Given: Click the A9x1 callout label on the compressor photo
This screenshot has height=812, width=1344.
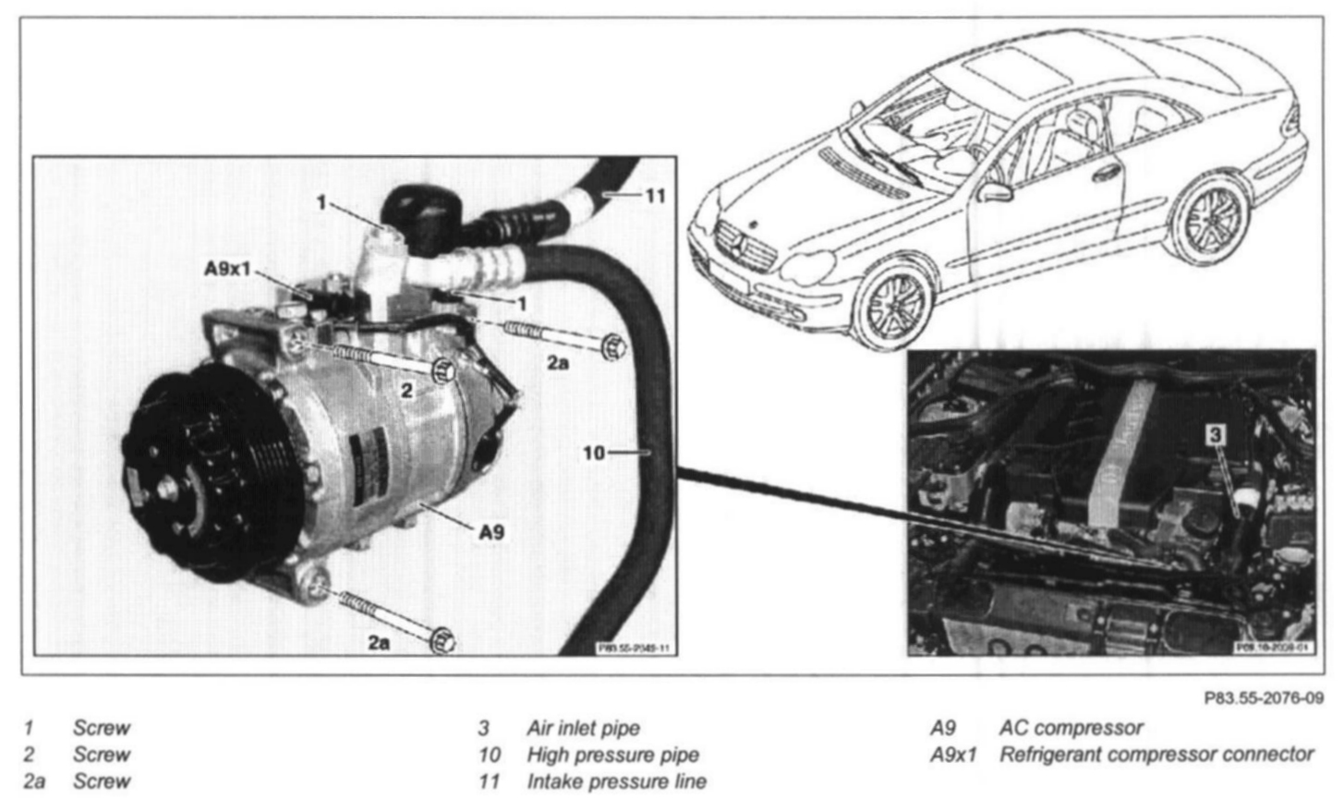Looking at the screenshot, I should point(226,269).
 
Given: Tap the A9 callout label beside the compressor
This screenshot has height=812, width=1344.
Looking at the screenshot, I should point(491,531).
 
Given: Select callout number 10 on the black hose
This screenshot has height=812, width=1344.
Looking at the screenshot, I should point(593,453).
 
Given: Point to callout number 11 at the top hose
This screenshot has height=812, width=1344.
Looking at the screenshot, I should point(655,196).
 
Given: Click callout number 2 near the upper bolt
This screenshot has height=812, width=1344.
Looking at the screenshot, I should point(407,390).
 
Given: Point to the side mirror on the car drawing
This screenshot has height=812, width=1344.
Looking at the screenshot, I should point(996,191).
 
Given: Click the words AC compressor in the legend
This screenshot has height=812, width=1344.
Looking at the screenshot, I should point(1072,728).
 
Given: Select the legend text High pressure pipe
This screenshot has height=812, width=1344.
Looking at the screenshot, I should point(612,755).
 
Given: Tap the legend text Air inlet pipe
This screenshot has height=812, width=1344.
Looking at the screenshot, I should point(583,728).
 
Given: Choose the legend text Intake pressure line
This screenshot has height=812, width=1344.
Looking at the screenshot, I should point(616,782).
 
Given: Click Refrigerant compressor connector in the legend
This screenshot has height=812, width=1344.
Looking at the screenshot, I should point(1156,755).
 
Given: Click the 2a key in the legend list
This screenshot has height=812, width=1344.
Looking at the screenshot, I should point(34,782).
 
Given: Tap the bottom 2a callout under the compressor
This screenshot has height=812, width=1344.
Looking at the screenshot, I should point(378,642).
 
